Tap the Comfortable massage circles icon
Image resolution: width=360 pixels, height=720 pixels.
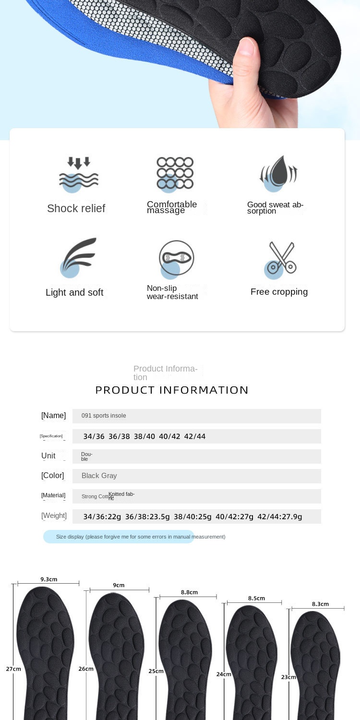[175, 173]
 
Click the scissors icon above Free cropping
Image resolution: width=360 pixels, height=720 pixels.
[281, 258]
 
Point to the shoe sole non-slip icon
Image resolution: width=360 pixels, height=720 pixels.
[176, 258]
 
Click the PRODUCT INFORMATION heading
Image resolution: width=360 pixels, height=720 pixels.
[172, 390]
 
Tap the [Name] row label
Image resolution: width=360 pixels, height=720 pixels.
[53, 416]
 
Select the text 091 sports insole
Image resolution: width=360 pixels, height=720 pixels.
[104, 416]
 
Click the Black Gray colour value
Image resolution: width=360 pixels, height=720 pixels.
[99, 476]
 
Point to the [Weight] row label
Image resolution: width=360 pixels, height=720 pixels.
[54, 516]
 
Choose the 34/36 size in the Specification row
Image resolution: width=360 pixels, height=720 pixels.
[94, 436]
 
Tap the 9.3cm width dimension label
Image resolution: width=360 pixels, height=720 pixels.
[48, 579]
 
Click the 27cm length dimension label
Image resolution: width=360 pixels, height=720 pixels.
[13, 669]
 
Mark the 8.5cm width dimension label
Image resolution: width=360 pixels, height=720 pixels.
[256, 598]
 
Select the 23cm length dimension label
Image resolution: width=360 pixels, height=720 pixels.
[288, 677]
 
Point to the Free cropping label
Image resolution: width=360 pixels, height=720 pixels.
[279, 292]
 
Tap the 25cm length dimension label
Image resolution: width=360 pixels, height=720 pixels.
[156, 671]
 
